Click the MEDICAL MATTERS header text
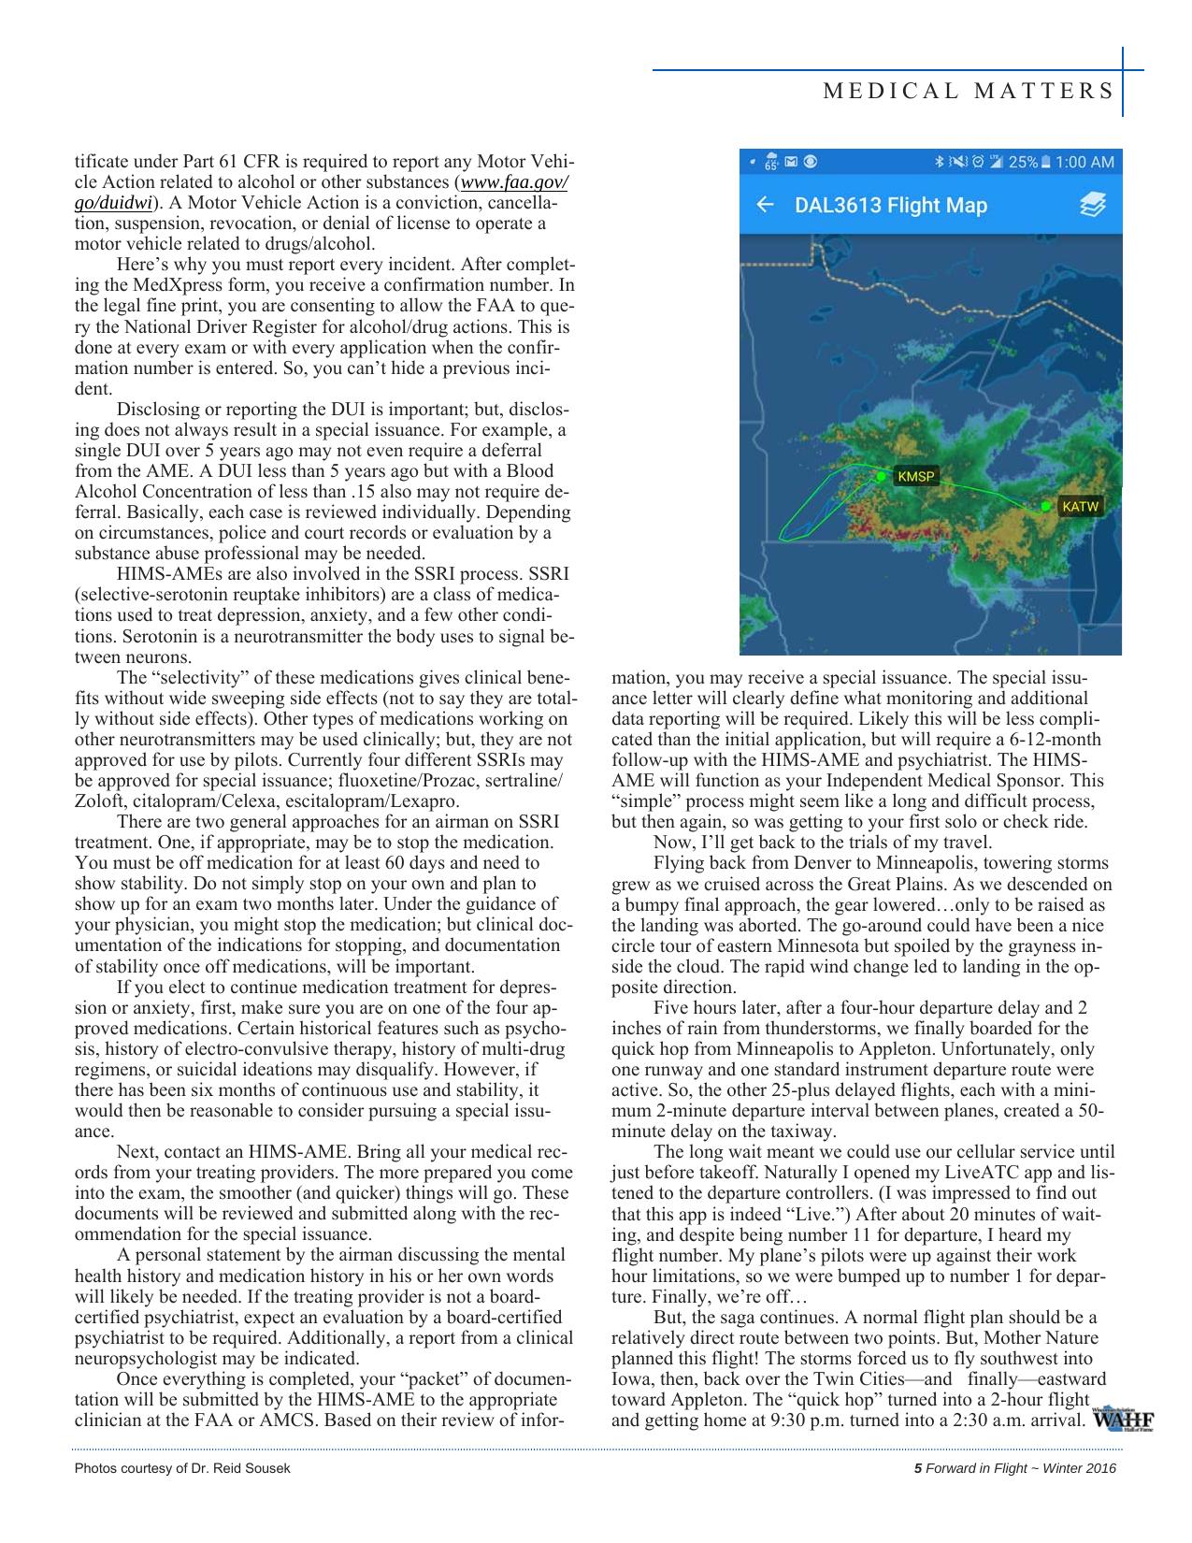pyautogui.click(x=968, y=91)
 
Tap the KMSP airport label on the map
pyautogui.click(x=914, y=477)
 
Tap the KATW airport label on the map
pyautogui.click(x=1081, y=507)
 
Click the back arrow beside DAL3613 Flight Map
pyautogui.click(x=765, y=205)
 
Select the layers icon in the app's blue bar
pyautogui.click(x=1092, y=205)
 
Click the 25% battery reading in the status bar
pyautogui.click(x=1022, y=162)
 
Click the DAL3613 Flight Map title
pyautogui.click(x=890, y=205)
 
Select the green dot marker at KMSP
pyautogui.click(x=881, y=476)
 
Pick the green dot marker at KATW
pyautogui.click(x=1045, y=506)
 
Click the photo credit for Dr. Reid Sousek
pyautogui.click(x=182, y=1468)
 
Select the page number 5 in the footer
pyautogui.click(x=917, y=1468)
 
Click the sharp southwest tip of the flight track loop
pyautogui.click(x=782, y=538)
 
